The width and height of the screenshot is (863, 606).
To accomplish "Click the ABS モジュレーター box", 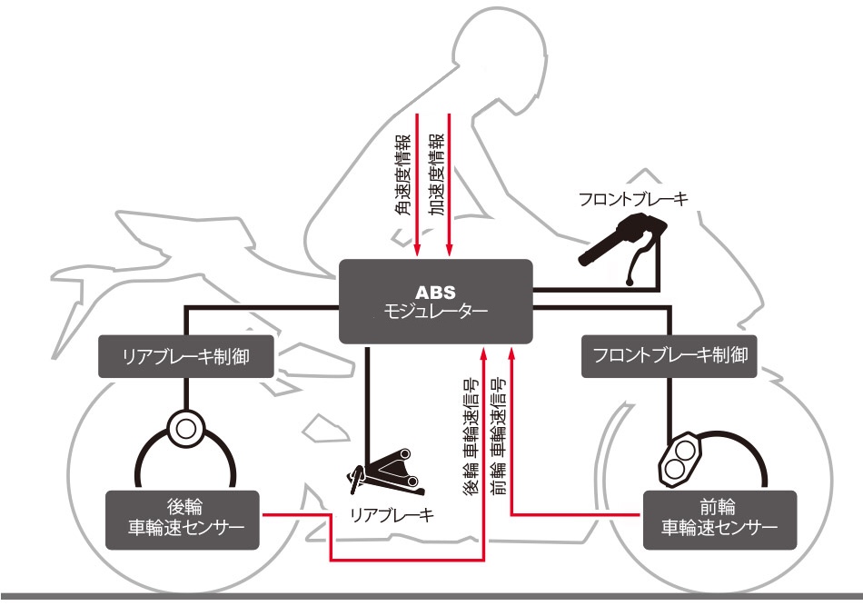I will (434, 301).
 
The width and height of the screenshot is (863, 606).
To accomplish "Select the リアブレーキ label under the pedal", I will (392, 515).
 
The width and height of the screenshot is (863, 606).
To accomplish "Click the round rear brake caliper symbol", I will (186, 427).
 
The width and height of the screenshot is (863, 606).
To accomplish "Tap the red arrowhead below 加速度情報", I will (450, 253).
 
